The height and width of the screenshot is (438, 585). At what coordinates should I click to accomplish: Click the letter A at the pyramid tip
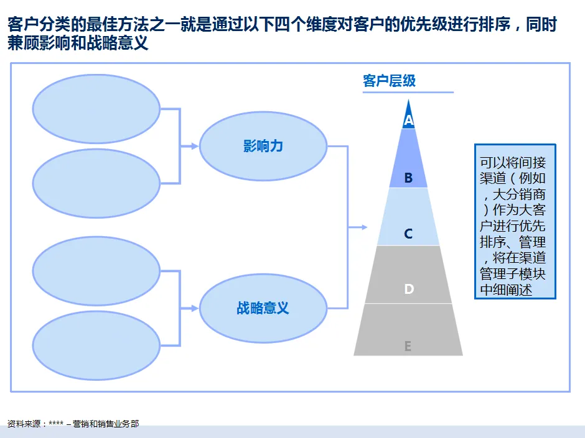[408, 120]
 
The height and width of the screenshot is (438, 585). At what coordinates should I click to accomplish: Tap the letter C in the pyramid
[408, 234]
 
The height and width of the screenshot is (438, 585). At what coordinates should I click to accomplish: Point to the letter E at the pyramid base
[408, 346]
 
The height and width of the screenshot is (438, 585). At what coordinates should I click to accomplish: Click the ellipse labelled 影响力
[263, 147]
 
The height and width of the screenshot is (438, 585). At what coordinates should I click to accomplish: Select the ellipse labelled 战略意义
[263, 308]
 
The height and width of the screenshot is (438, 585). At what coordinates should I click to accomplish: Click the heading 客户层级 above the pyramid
[389, 81]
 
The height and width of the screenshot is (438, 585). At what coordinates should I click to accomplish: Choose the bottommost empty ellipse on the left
[96, 345]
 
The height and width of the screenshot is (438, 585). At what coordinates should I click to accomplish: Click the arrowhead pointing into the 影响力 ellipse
[195, 147]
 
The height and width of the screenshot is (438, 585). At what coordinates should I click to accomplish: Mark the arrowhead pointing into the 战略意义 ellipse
[195, 308]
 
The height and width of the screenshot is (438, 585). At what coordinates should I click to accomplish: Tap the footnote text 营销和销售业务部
[106, 424]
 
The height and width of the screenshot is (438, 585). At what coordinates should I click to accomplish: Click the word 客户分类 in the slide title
[34, 25]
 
